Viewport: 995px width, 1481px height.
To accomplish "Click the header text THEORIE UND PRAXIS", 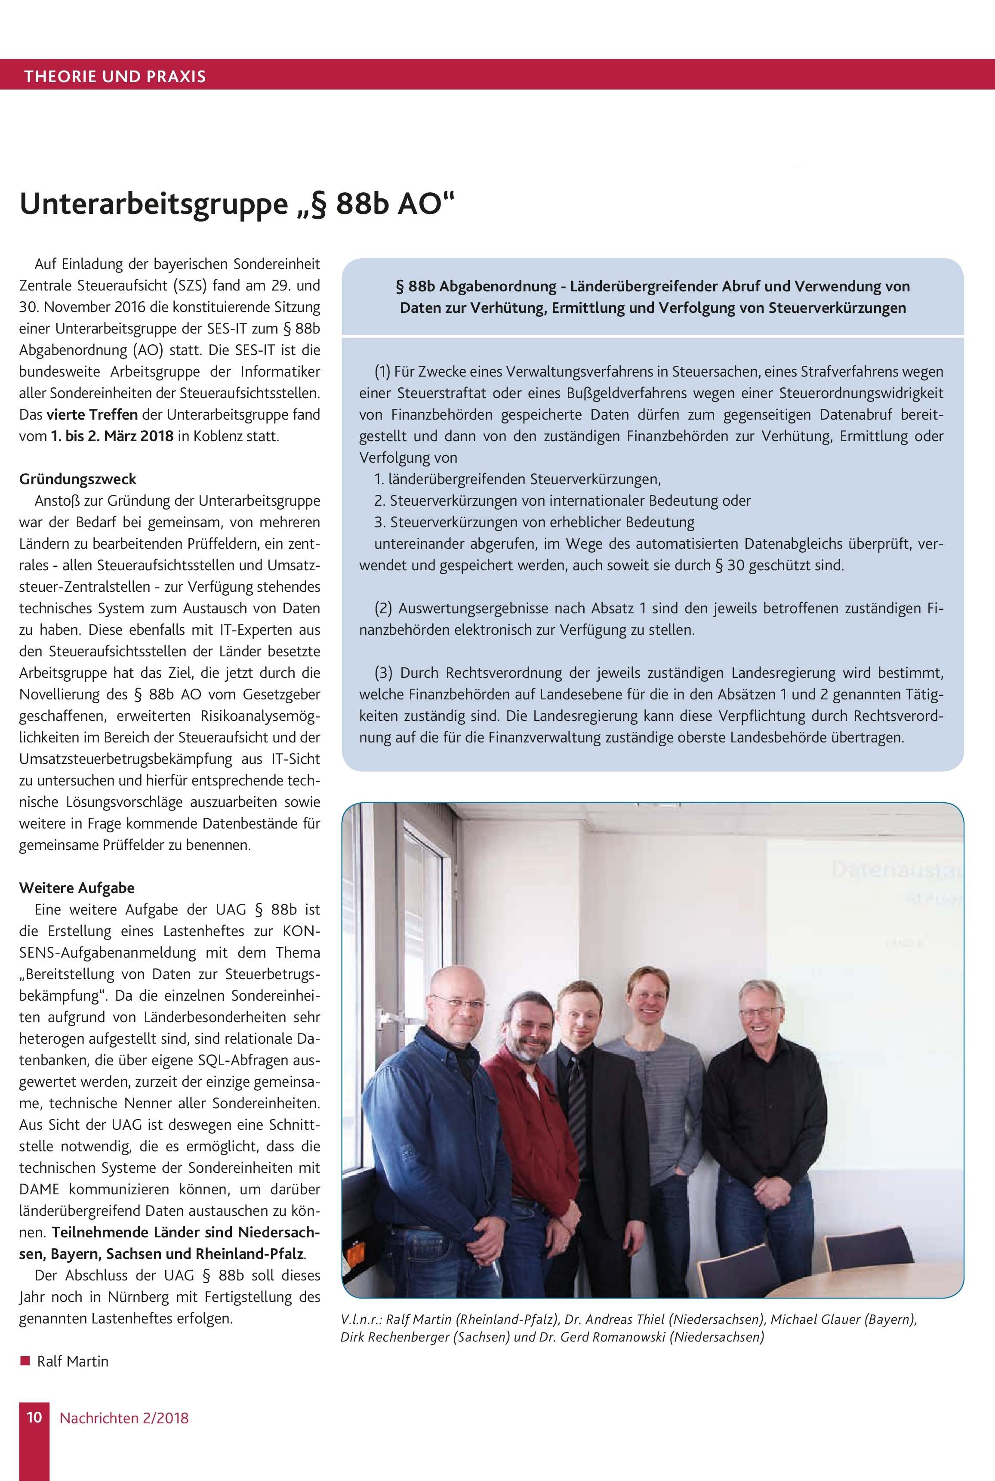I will (115, 77).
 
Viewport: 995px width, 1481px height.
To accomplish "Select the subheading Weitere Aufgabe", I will (77, 887).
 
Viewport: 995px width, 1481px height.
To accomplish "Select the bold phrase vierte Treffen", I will (92, 414).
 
